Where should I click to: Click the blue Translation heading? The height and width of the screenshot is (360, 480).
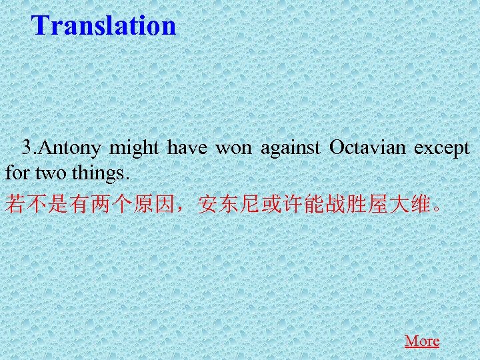click(104, 26)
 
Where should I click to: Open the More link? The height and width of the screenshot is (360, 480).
click(422, 341)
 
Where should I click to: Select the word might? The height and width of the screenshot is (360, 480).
click(135, 148)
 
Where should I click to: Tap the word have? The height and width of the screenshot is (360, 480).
click(187, 148)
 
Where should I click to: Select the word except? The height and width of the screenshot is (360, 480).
click(441, 148)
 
